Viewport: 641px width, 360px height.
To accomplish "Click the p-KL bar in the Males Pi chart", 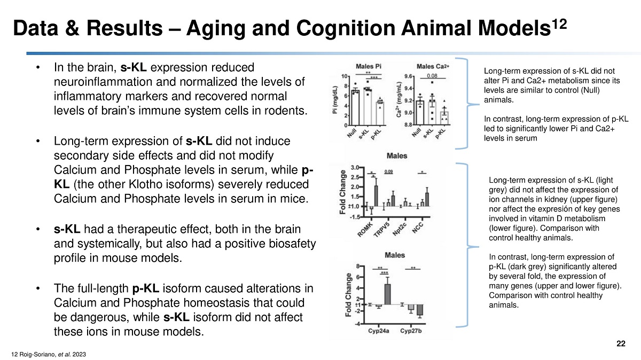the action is click(x=380, y=113).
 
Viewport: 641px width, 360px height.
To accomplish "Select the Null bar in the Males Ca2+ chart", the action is click(x=420, y=113).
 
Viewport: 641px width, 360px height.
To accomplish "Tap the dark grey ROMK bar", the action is click(x=376, y=196).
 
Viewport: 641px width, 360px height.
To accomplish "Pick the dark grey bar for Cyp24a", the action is click(x=388, y=294).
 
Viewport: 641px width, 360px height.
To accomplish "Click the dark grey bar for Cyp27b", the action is click(x=420, y=310).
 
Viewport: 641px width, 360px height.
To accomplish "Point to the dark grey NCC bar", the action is click(x=427, y=199).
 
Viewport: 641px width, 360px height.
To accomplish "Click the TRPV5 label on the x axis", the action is click(x=382, y=230).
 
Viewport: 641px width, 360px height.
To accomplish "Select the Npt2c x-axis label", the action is click(x=400, y=229).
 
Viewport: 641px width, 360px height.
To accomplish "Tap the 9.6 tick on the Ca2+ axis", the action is click(x=408, y=76).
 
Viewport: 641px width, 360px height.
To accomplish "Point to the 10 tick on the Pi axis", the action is click(x=344, y=76).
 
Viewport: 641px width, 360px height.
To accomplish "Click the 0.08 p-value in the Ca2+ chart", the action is click(x=432, y=76).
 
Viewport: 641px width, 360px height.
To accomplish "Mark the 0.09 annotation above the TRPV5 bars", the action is click(x=388, y=171).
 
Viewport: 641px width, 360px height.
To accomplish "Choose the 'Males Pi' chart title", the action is click(x=369, y=66).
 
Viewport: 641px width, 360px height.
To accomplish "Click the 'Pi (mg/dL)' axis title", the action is click(x=335, y=100).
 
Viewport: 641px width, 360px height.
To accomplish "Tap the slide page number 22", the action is click(x=621, y=343).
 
